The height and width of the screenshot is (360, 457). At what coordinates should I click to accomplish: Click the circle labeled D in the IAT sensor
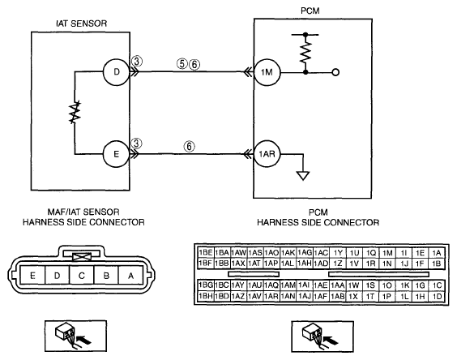pos(117,72)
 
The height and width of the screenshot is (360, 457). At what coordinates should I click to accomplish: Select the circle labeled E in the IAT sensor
pos(117,154)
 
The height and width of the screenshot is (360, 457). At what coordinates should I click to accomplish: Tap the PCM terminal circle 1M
pos(267,72)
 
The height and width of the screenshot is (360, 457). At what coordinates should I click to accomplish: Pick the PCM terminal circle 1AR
pos(267,154)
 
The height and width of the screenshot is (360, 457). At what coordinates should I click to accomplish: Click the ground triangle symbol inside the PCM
pos(303,176)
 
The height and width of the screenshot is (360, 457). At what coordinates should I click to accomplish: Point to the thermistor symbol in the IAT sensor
pos(75,113)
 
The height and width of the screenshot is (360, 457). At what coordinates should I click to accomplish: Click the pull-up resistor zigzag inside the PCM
pos(305,53)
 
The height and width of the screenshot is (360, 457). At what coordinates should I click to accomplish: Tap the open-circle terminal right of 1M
pos(335,72)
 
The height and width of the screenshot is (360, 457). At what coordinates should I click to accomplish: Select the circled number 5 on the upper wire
pos(182,63)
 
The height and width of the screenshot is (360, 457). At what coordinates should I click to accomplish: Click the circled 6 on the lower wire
pos(189,146)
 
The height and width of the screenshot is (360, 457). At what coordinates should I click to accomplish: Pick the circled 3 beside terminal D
pos(137,62)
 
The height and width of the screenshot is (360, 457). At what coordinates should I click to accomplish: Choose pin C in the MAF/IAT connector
pos(82,275)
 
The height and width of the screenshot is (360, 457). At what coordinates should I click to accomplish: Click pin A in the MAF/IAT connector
pos(131,275)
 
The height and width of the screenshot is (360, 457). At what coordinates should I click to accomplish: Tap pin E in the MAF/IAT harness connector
pos(32,275)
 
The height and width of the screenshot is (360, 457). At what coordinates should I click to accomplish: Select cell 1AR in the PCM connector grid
pos(271,297)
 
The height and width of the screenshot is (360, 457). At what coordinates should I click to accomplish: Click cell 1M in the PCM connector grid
pos(387,253)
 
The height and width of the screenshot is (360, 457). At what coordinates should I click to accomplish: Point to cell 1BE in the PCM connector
pos(206,253)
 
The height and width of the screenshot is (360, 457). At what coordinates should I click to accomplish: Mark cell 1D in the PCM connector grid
pos(437,297)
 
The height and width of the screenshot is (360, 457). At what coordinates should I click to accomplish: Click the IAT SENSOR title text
pos(82,24)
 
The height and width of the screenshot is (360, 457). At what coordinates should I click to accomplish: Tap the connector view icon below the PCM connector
pos(322,336)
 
